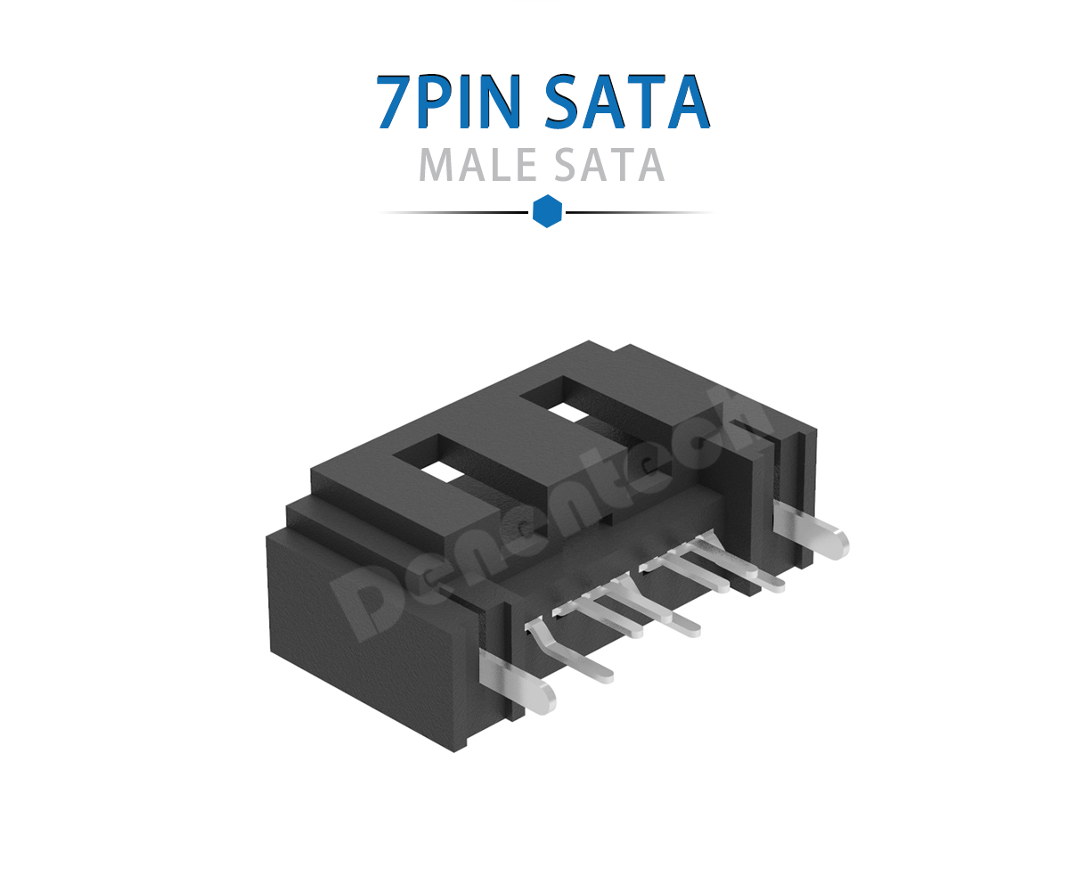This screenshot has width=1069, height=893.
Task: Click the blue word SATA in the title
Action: pos(627,103)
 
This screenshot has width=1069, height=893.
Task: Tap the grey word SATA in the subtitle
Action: pos(609,166)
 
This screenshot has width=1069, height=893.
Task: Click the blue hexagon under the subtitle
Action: pos(547,212)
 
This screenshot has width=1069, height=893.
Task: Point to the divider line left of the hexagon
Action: pos(454,213)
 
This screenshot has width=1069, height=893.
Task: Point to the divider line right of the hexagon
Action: pos(640,213)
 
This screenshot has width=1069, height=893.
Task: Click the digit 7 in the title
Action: pos(394,103)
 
